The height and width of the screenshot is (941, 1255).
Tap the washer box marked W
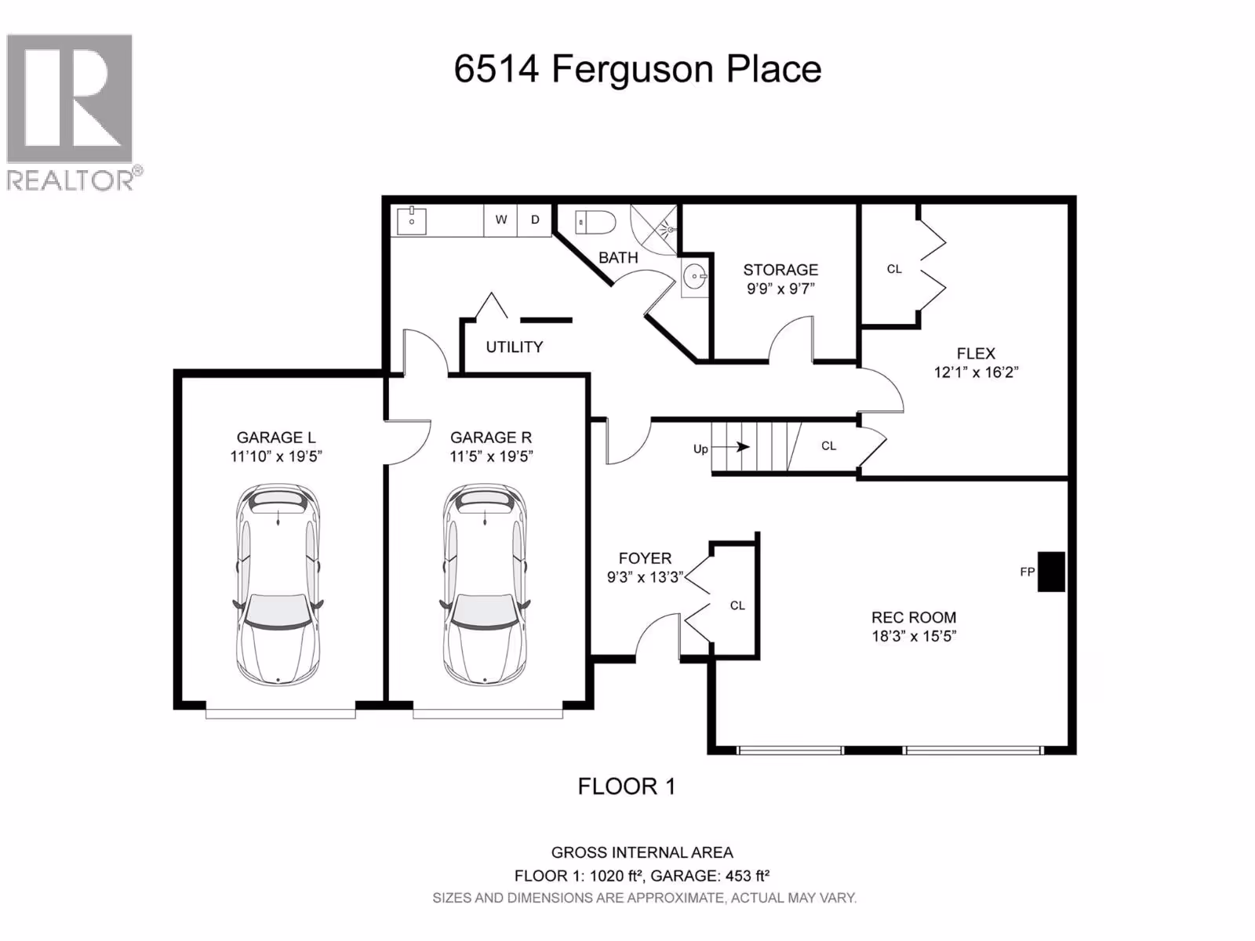point(501,220)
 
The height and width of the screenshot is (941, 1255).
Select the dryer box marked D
point(535,220)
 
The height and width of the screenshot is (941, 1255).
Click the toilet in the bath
point(595,222)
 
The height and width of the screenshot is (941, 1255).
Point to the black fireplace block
point(1051,572)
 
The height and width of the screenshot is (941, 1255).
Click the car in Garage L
point(278,584)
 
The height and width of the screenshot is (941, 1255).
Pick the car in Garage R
point(485,584)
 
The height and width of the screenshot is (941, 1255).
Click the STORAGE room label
point(780,270)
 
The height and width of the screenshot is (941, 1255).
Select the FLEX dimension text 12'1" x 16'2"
point(976,372)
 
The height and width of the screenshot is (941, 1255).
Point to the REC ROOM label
point(914,617)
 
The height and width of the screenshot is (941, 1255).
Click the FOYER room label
point(645,558)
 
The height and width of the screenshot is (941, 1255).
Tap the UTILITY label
point(514,347)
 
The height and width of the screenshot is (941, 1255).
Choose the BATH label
point(618,258)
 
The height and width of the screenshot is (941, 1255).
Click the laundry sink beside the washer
point(412,220)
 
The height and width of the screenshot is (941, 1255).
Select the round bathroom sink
point(695,277)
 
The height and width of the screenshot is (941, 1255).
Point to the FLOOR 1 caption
point(627,787)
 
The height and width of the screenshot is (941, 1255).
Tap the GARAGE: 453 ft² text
point(710,875)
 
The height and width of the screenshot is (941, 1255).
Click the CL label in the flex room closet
point(894,269)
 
